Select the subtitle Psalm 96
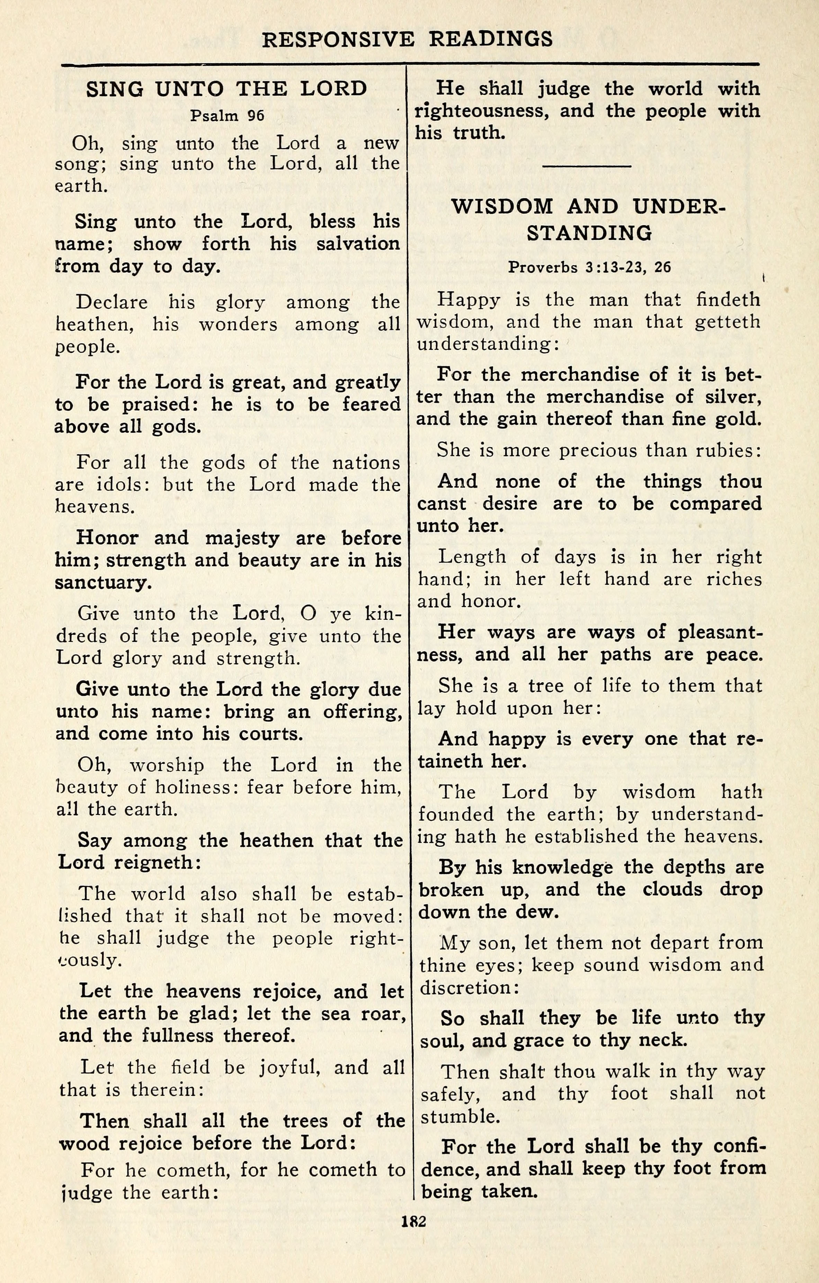[x=227, y=116]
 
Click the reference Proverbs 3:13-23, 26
[x=589, y=267]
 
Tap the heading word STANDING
[x=589, y=233]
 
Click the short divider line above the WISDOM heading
[x=587, y=166]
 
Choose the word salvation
[x=358, y=244]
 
